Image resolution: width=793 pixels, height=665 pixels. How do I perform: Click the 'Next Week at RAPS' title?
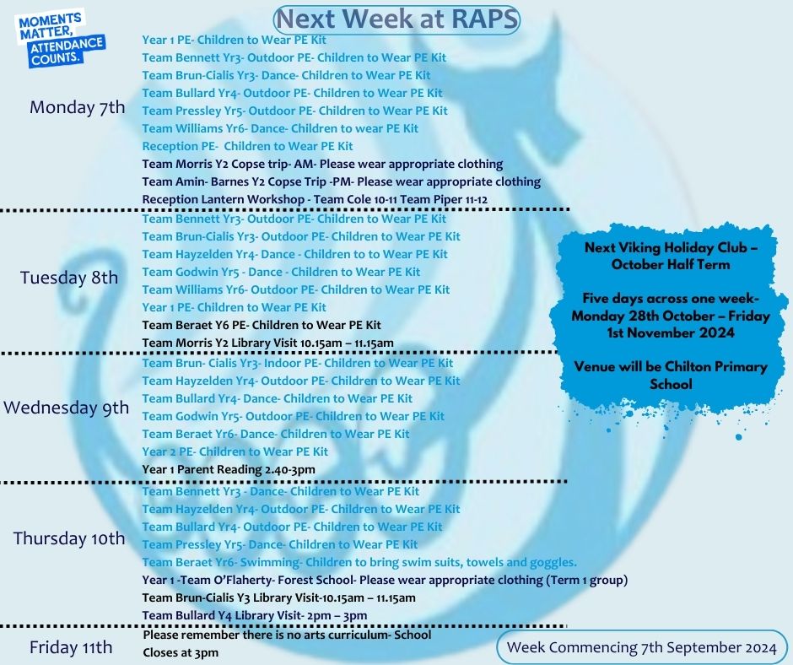[x=397, y=19]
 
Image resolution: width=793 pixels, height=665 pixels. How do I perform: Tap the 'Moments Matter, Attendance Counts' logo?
[x=61, y=39]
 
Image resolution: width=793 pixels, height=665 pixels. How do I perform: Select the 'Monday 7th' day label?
[x=77, y=107]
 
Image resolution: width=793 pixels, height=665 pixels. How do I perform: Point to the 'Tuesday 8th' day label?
[x=69, y=278]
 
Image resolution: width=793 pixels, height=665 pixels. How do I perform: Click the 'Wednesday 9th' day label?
[x=67, y=408]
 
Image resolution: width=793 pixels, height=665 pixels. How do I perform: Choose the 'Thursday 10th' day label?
[x=69, y=538]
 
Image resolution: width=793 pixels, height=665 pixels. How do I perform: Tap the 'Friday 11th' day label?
[x=71, y=647]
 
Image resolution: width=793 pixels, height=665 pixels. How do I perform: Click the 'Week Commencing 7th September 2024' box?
[x=641, y=647]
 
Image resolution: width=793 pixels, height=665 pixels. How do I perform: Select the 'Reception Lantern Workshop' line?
[x=315, y=199]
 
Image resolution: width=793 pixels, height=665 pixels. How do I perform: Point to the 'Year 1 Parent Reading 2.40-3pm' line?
[x=229, y=470]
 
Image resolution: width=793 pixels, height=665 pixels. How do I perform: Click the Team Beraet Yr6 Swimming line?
[x=359, y=562]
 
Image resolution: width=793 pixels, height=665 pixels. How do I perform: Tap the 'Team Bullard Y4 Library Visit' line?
[x=255, y=615]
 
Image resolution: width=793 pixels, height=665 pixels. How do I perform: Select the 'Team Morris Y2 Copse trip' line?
[x=322, y=164]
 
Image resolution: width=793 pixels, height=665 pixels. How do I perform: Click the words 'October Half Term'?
[x=671, y=265]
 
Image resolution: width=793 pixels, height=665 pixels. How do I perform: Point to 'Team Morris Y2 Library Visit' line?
[x=267, y=343]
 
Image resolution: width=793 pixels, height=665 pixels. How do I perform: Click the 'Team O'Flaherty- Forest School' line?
[x=385, y=580]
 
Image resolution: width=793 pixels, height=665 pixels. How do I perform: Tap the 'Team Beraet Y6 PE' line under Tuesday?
[x=262, y=325]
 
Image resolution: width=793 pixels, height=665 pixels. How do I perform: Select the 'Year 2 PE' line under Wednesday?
[x=235, y=451]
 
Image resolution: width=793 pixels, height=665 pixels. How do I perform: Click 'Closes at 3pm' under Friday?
[x=181, y=653]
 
